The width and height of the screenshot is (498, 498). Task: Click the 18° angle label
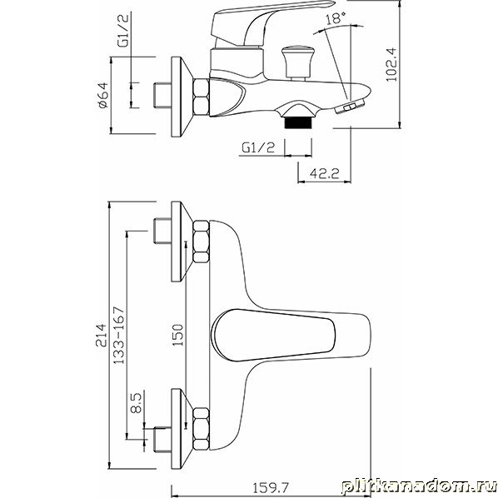tap(336, 18)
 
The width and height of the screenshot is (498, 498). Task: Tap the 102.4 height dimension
tap(391, 64)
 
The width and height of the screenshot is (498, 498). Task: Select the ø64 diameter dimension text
tap(103, 95)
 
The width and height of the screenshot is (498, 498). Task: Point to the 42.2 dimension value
tap(324, 173)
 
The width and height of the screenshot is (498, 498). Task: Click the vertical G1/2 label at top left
tap(123, 31)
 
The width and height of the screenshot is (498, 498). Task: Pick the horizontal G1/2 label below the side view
tap(258, 147)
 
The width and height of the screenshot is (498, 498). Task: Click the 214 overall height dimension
tap(102, 335)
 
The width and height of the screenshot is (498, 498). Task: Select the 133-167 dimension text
tap(119, 335)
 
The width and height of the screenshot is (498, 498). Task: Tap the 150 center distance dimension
tap(177, 335)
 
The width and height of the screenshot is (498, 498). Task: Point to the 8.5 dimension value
tap(137, 403)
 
